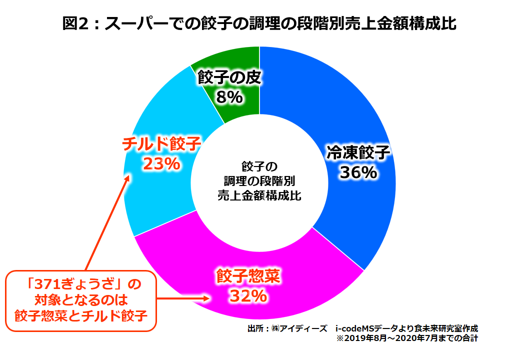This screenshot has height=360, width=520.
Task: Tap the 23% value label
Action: click(x=161, y=163)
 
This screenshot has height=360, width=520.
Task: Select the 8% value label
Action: click(x=229, y=96)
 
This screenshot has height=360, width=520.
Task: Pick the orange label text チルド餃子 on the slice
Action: click(x=161, y=144)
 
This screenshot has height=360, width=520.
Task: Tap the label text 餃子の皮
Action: click(x=229, y=77)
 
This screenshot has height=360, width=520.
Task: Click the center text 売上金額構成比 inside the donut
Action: click(x=259, y=195)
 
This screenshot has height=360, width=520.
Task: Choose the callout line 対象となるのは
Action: click(x=80, y=300)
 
